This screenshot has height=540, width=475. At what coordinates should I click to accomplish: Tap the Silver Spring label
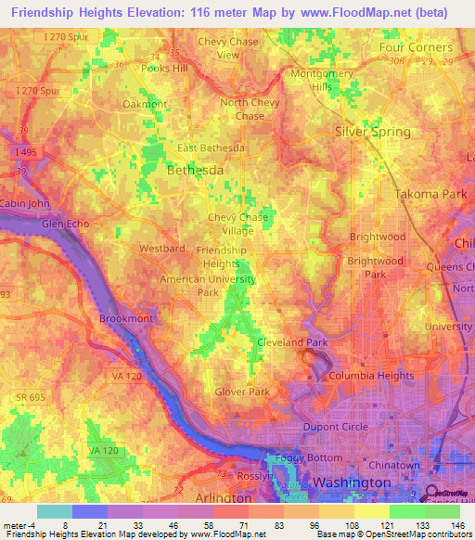372,132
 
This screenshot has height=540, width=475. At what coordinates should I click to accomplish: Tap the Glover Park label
242,392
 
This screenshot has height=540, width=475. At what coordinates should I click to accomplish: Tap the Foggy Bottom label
303,456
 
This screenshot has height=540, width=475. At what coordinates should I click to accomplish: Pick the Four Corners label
416,47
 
